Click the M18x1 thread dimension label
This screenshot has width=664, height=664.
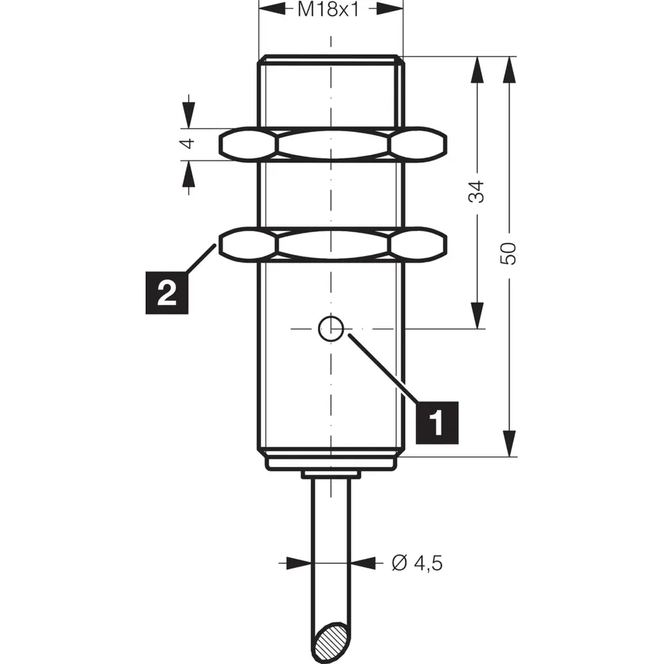coord(328,10)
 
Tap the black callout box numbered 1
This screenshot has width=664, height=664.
coord(437,423)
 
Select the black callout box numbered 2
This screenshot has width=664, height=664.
coord(167,293)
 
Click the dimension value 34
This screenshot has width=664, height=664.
coord(477,192)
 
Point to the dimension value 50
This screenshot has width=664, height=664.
coord(509,254)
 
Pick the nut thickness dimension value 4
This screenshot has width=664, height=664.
coord(188,144)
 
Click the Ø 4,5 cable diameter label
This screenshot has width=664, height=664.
coord(417,563)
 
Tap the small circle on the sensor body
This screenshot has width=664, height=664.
coord(331,328)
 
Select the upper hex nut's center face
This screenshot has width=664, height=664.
coord(333,145)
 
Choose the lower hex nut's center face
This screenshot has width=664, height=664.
coord(333,245)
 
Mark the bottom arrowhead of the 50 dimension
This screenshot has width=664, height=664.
coord(510,443)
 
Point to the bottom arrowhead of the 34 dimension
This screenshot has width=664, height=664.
coord(477,315)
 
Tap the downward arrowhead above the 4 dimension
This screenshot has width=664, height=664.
coord(189,115)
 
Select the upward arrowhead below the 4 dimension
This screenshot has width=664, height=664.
coord(189,174)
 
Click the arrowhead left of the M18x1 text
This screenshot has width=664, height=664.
coord(272,8)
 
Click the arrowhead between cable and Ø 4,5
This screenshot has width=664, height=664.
coord(364,563)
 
